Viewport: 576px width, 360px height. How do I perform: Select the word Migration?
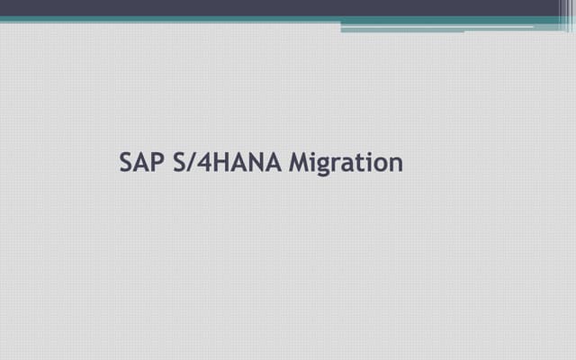point(346,164)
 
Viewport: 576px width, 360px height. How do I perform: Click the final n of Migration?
point(396,166)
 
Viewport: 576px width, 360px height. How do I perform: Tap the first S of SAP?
point(127,163)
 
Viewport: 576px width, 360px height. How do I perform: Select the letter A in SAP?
point(142,163)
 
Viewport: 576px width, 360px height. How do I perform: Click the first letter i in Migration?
point(314,163)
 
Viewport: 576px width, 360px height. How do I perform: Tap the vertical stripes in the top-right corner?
point(565,13)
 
